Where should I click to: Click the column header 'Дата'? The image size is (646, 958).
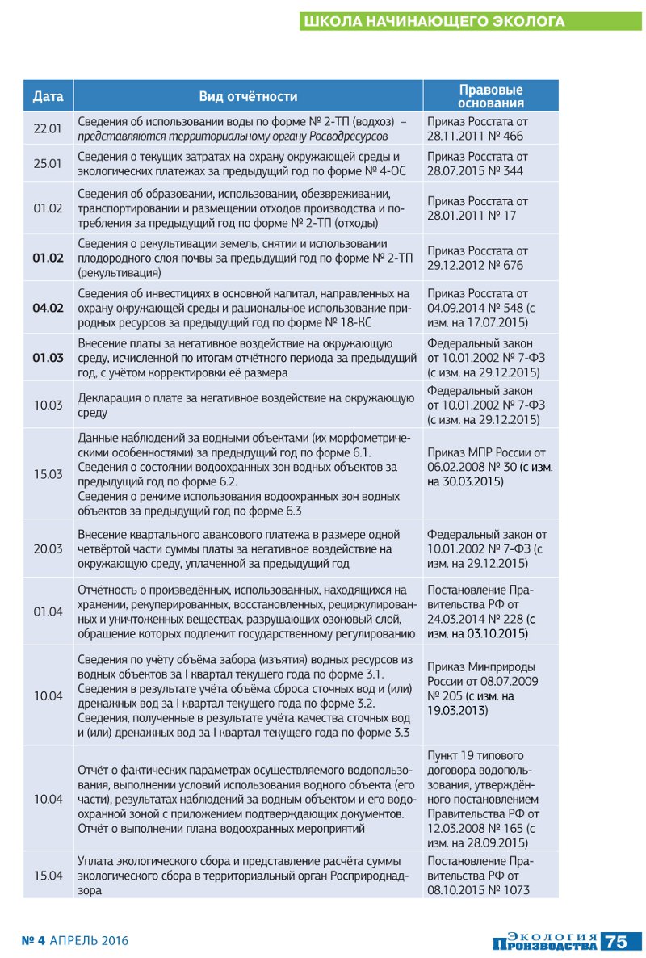click(x=48, y=97)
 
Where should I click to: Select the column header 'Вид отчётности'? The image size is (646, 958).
click(x=248, y=97)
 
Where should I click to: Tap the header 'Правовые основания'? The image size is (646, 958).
click(x=490, y=96)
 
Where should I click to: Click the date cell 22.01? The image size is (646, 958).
click(x=48, y=128)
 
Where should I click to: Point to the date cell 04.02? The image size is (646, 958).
click(x=48, y=307)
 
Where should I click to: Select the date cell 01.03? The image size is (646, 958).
click(x=48, y=358)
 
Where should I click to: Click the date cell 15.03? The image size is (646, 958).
click(x=48, y=474)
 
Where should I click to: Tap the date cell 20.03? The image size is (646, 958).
click(x=48, y=548)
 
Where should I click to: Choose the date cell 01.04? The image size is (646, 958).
click(x=48, y=611)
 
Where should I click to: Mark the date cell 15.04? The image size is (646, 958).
click(x=48, y=875)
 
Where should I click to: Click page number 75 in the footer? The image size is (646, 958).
click(x=617, y=942)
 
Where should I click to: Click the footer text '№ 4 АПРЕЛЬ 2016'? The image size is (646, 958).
click(x=75, y=941)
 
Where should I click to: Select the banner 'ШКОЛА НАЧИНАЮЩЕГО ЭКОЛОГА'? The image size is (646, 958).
click(x=433, y=21)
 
